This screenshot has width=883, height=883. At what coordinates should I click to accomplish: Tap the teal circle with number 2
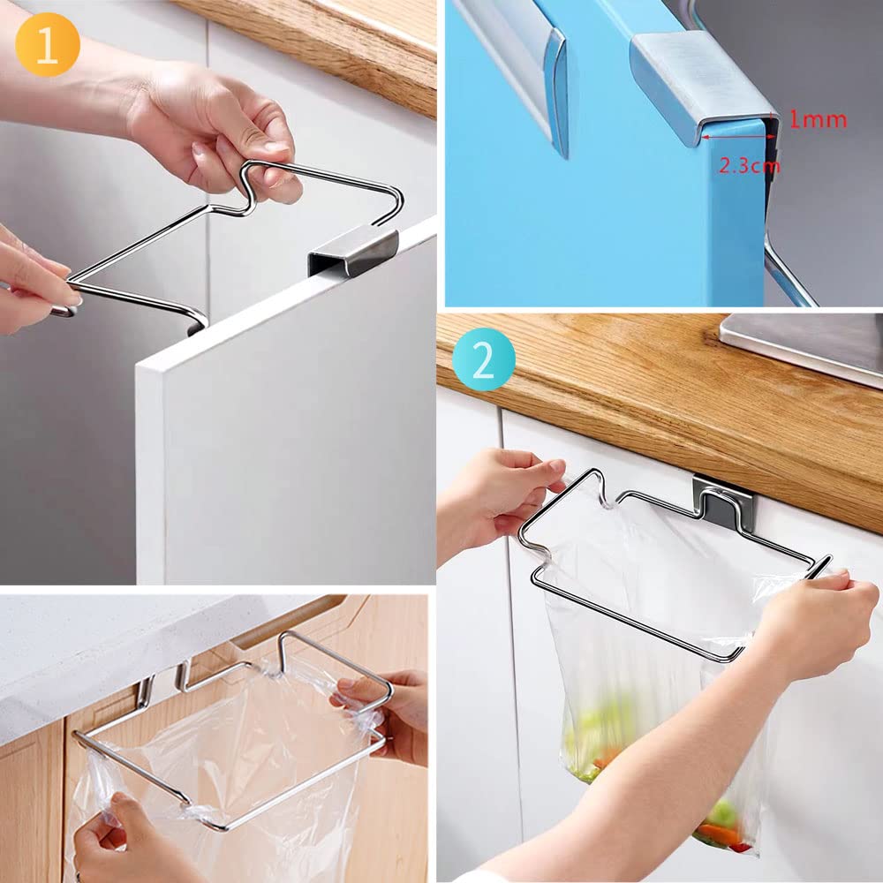click(483, 360)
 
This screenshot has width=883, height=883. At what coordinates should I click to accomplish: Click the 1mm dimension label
click(818, 119)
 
